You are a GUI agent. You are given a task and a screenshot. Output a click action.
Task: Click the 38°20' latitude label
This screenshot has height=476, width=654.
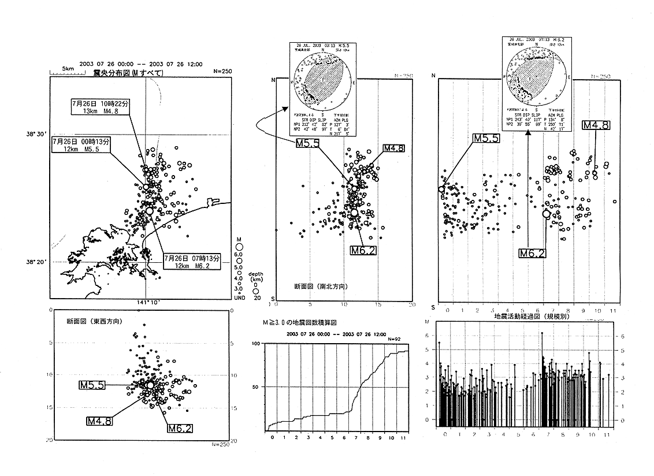coord(34,262)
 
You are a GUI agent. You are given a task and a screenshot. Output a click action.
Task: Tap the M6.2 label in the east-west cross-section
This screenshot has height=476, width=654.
coord(180,429)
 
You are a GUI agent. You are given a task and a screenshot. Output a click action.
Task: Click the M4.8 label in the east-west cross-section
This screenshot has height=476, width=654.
coord(99,421)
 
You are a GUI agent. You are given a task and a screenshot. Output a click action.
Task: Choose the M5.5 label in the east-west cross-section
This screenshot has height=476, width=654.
coord(92,385)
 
